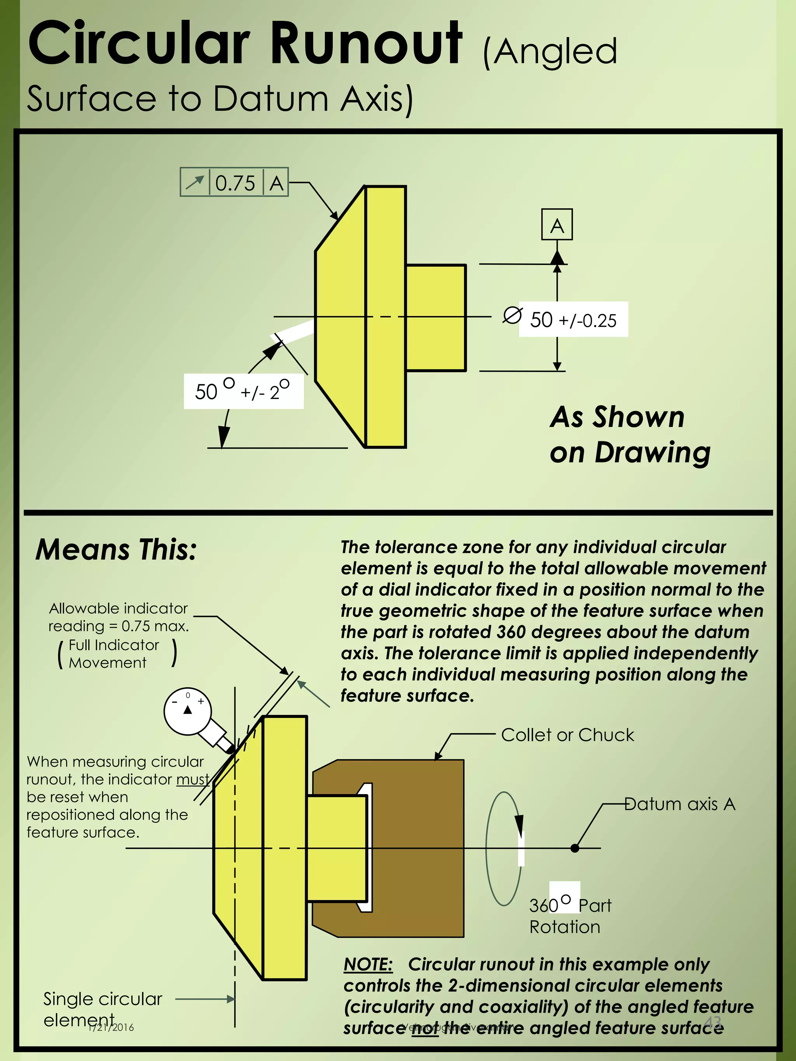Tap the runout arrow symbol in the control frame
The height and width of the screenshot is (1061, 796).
point(195,183)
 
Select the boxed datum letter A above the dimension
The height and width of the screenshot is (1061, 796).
point(557,225)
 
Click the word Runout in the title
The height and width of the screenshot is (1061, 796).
point(367,44)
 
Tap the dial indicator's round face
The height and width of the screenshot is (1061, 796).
point(188,711)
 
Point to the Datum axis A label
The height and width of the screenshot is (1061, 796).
point(679,804)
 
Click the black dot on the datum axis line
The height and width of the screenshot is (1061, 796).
point(575,848)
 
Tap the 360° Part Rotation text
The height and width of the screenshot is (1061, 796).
point(569,916)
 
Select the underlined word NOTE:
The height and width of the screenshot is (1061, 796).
point(368,965)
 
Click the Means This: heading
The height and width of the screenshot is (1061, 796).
point(116,550)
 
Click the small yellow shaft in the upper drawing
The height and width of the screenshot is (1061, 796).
point(436,317)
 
